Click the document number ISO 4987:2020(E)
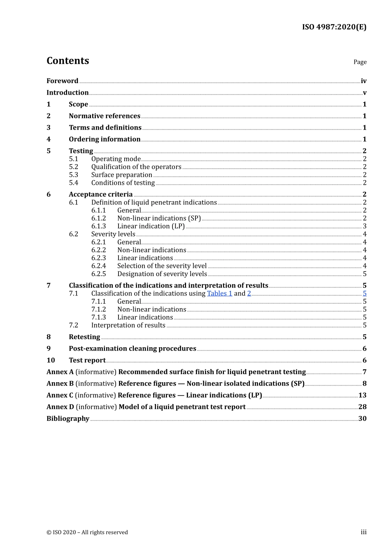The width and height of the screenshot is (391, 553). point(334,27)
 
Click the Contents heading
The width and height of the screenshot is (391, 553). point(67,61)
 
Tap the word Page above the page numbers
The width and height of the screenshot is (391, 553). point(360,62)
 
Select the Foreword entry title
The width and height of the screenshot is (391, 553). point(62,81)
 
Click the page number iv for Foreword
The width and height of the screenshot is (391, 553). point(363,81)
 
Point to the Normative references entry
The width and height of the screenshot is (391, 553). point(105,116)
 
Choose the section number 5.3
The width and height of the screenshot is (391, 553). point(74,175)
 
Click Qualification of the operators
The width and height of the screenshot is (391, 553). point(136,167)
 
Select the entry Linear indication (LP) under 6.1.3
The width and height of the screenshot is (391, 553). point(151,226)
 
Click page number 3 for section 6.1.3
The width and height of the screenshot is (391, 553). point(365,226)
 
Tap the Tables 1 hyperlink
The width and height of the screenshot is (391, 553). point(219,293)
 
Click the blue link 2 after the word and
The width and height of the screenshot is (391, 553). point(249,293)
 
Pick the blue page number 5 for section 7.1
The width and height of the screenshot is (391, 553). point(365,293)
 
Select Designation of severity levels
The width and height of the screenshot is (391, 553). point(162,274)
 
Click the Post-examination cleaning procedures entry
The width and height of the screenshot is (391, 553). point(133,349)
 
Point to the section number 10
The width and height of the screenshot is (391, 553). point(51,360)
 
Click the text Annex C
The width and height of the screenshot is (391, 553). point(60,395)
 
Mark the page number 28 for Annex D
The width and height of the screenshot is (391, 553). point(362,407)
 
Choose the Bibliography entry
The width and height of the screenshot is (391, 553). point(68,418)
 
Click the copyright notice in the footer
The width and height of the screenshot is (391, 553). point(87,532)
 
